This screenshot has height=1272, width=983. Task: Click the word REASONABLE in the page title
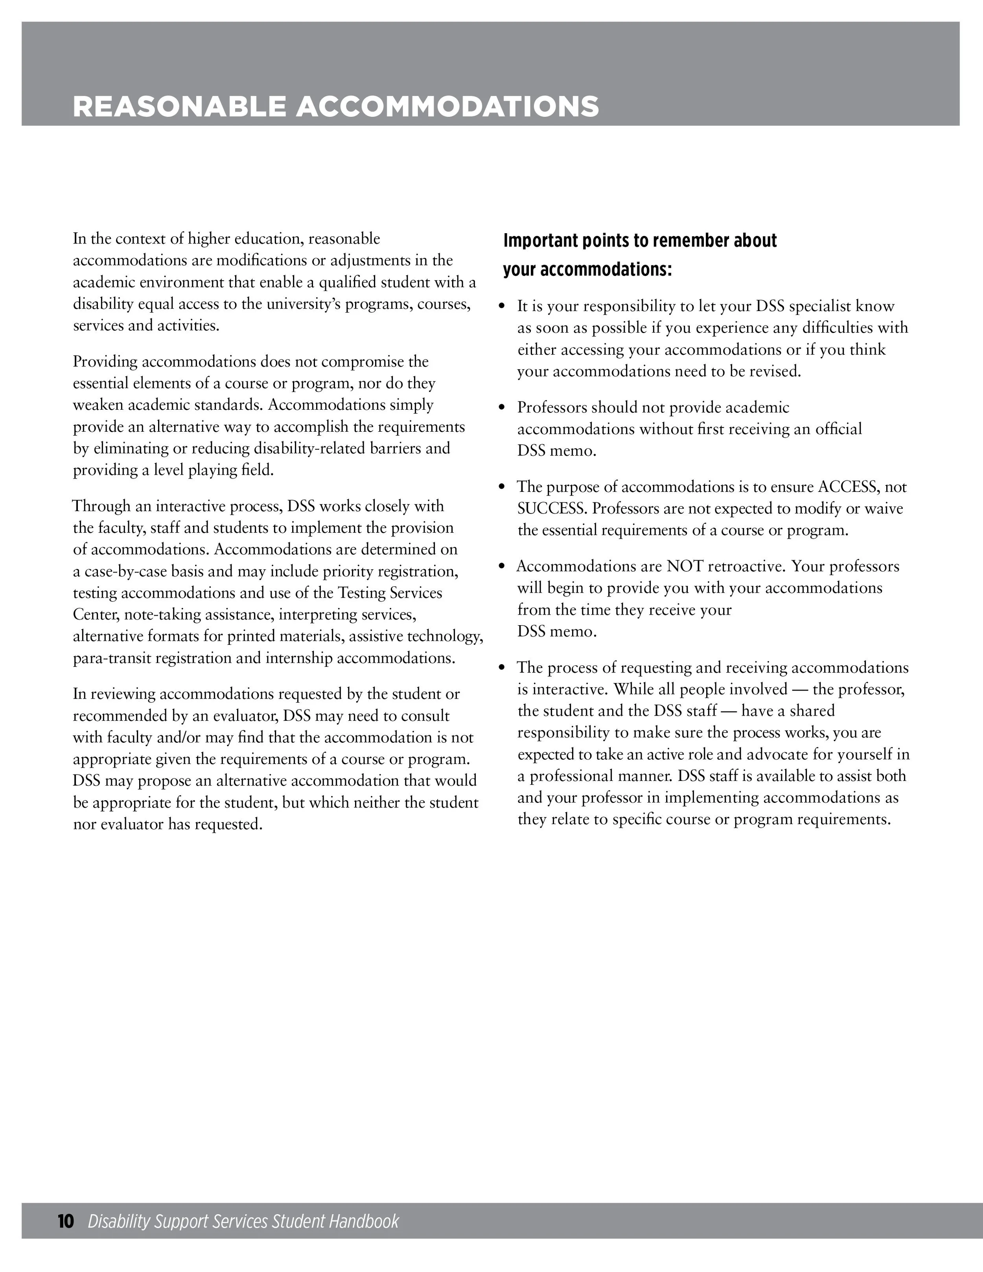pyautogui.click(x=179, y=107)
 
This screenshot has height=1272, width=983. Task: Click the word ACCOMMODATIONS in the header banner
pyautogui.click(x=447, y=107)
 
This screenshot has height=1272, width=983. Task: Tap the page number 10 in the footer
pyautogui.click(x=66, y=1221)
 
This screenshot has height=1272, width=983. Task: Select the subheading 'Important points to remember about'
pyautogui.click(x=639, y=241)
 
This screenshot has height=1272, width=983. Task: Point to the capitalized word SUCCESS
pyautogui.click(x=552, y=509)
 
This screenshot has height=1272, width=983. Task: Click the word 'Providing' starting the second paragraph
pyautogui.click(x=105, y=362)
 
